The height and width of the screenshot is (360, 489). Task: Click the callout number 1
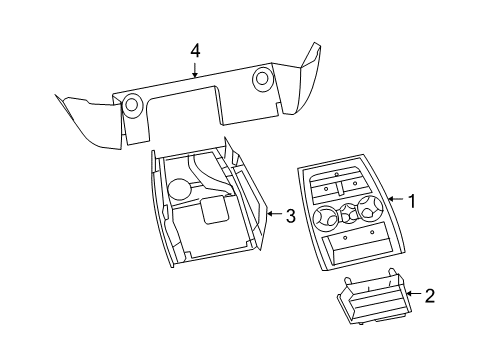pyautogui.click(x=410, y=202)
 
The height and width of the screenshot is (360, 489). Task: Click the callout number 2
pyautogui.click(x=430, y=295)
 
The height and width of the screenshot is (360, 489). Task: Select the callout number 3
pyautogui.click(x=290, y=215)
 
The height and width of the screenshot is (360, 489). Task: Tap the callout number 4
pyautogui.click(x=196, y=49)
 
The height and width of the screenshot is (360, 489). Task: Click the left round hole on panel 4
pyautogui.click(x=130, y=103)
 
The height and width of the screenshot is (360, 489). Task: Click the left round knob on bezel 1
pyautogui.click(x=326, y=215)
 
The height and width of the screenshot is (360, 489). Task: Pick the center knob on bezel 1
pyautogui.click(x=348, y=212)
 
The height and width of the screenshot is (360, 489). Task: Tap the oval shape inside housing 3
pyautogui.click(x=180, y=187)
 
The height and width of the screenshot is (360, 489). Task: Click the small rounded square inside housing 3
pyautogui.click(x=214, y=211)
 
